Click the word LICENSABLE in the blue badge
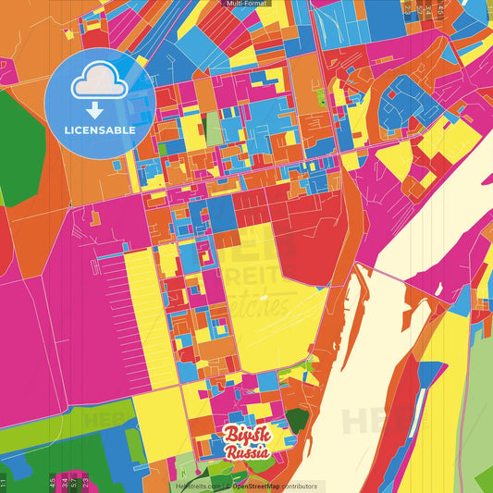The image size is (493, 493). pyautogui.click(x=100, y=130)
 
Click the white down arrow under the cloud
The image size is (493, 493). pyautogui.click(x=94, y=109)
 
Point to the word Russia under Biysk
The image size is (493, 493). pyautogui.click(x=247, y=452)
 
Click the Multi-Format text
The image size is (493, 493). pyautogui.click(x=246, y=4)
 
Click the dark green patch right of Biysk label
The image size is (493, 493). pyautogui.click(x=296, y=422)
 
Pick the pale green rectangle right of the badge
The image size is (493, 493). pyautogui.click(x=214, y=129)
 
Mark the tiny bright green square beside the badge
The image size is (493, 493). pyautogui.click(x=162, y=149)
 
